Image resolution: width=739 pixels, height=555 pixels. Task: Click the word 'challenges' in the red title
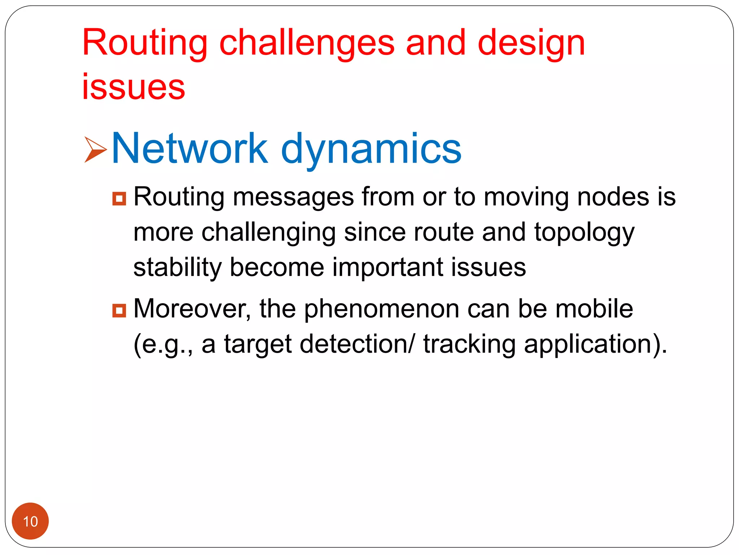(x=307, y=43)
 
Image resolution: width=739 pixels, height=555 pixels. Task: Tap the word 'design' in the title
(x=531, y=43)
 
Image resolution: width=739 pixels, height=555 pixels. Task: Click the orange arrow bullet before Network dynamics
(x=95, y=149)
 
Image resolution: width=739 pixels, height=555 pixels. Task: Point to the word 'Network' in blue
(x=190, y=148)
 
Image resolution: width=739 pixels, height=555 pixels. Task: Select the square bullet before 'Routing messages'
(x=119, y=198)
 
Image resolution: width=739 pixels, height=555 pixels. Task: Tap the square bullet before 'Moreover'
(x=119, y=310)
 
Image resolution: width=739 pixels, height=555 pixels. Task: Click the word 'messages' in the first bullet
(x=293, y=197)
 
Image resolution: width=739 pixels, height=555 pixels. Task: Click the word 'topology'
(x=584, y=233)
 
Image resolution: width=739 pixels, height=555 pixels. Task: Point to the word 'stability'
(x=177, y=267)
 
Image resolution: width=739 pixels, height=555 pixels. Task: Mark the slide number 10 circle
(x=30, y=521)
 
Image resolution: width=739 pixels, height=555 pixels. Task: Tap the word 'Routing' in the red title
(x=145, y=43)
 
